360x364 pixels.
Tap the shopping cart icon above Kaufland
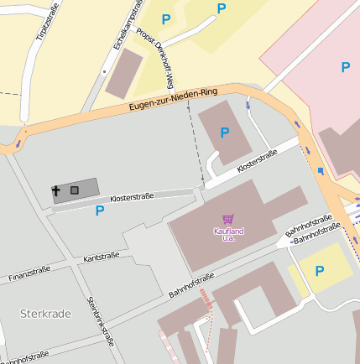coord(227,219)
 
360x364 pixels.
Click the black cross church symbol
coord(57,191)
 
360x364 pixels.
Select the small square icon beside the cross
coord(75,190)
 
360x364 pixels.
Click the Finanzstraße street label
coord(29,273)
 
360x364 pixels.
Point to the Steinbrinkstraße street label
coord(100,321)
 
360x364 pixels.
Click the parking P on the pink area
coord(346,67)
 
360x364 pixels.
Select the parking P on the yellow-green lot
coord(319,271)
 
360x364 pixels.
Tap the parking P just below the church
coord(100,211)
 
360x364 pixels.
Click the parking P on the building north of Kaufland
coord(224,133)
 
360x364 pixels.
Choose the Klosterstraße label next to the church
coord(132,197)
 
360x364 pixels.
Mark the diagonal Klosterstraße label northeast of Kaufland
coord(257,160)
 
